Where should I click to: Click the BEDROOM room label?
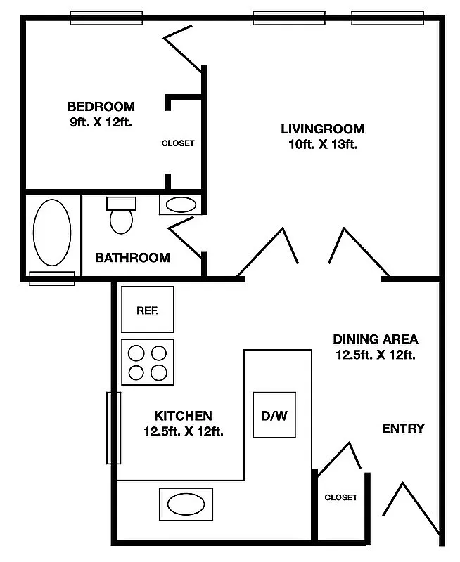101,107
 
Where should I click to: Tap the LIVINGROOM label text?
323,129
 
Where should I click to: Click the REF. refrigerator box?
147,309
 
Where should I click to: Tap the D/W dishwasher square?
274,415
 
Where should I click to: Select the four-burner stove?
148,362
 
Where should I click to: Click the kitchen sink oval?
186,504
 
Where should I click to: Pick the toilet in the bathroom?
121,216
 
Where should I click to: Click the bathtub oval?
52,233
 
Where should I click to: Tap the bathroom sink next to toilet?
181,205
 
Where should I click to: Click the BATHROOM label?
132,258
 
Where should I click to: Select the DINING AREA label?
375,339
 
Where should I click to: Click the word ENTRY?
403,429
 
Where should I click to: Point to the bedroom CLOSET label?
178,143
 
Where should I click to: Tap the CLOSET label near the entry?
340,497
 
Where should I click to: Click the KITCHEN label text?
183,416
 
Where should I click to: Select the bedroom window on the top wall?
106,18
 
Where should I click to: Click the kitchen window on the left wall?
113,428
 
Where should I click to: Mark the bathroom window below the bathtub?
52,278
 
